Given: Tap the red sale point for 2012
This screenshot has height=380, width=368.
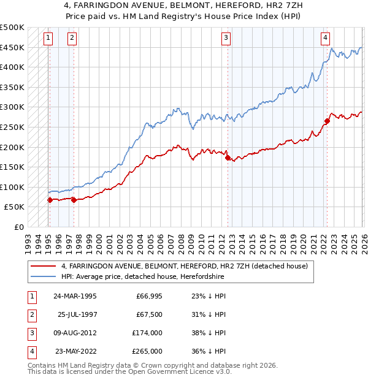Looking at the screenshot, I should tap(228, 158).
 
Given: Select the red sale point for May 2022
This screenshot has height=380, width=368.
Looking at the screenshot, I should tap(327, 121).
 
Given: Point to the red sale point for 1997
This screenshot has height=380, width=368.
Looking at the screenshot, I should tap(74, 199).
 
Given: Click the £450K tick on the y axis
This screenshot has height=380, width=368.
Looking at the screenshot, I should tap(12, 48).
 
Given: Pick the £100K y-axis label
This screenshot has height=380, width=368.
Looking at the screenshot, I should tap(12, 188).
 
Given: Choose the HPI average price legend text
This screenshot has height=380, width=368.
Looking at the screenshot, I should tap(142, 277).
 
